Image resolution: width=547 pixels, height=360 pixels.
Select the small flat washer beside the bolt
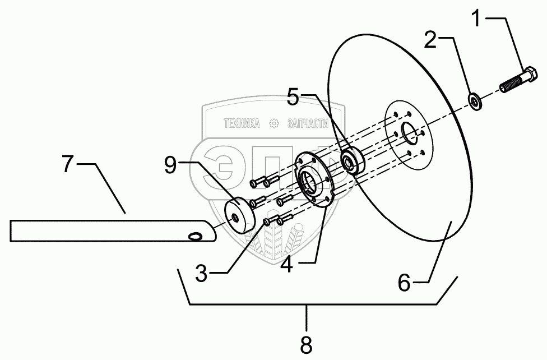tap(476, 103)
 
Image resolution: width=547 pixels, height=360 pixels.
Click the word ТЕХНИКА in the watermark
tap(242, 123)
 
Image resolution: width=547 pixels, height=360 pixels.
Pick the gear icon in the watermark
tap(274, 123)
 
